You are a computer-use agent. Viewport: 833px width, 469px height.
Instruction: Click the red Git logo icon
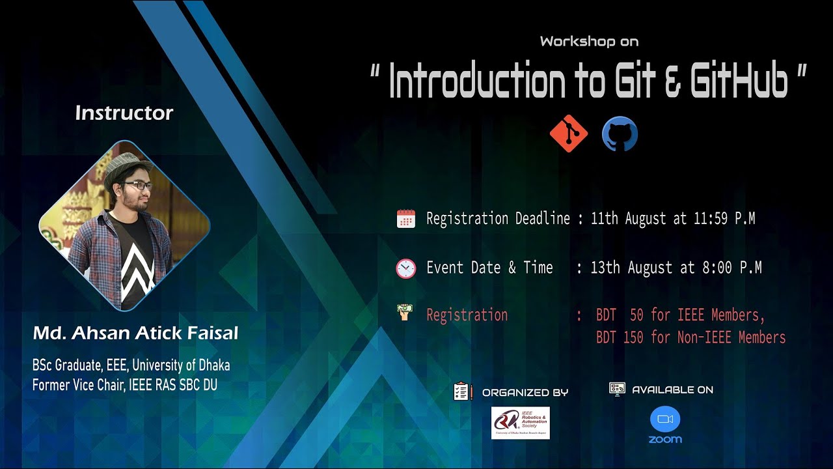(x=568, y=134)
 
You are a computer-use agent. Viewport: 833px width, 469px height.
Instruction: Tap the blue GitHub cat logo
(x=620, y=134)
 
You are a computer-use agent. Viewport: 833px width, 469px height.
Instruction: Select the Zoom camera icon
(x=664, y=419)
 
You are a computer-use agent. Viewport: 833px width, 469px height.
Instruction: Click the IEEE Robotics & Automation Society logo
(x=520, y=423)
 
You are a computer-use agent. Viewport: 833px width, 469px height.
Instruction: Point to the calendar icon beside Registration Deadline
(x=405, y=219)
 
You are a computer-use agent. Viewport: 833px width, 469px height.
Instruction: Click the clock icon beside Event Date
(x=405, y=268)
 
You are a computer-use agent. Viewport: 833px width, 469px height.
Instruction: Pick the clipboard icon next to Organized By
(x=462, y=391)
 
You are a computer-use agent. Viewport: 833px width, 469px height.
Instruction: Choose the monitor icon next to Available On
(x=617, y=389)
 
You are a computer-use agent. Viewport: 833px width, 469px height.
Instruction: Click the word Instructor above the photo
(x=124, y=113)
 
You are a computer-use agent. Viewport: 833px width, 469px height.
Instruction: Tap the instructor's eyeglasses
(x=137, y=186)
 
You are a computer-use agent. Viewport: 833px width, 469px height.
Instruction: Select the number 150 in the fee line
(x=633, y=337)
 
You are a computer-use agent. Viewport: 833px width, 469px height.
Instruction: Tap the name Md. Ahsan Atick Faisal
(x=135, y=334)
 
